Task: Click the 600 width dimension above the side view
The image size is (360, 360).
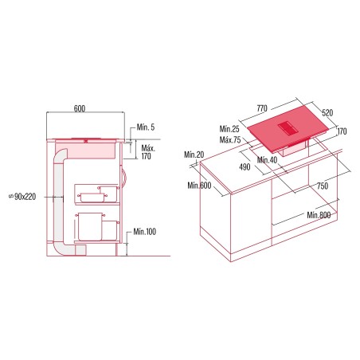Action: click(x=80, y=108)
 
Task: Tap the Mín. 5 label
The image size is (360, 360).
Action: click(x=146, y=127)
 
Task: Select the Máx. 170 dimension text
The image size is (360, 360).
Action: click(x=148, y=152)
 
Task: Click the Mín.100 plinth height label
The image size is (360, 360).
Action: click(x=144, y=232)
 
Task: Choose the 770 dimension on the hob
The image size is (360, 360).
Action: click(x=262, y=108)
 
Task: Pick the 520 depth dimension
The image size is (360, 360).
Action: click(x=327, y=113)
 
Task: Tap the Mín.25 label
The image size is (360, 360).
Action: click(x=229, y=129)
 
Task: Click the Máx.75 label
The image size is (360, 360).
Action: click(x=230, y=139)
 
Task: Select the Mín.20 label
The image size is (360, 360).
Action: click(x=194, y=155)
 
